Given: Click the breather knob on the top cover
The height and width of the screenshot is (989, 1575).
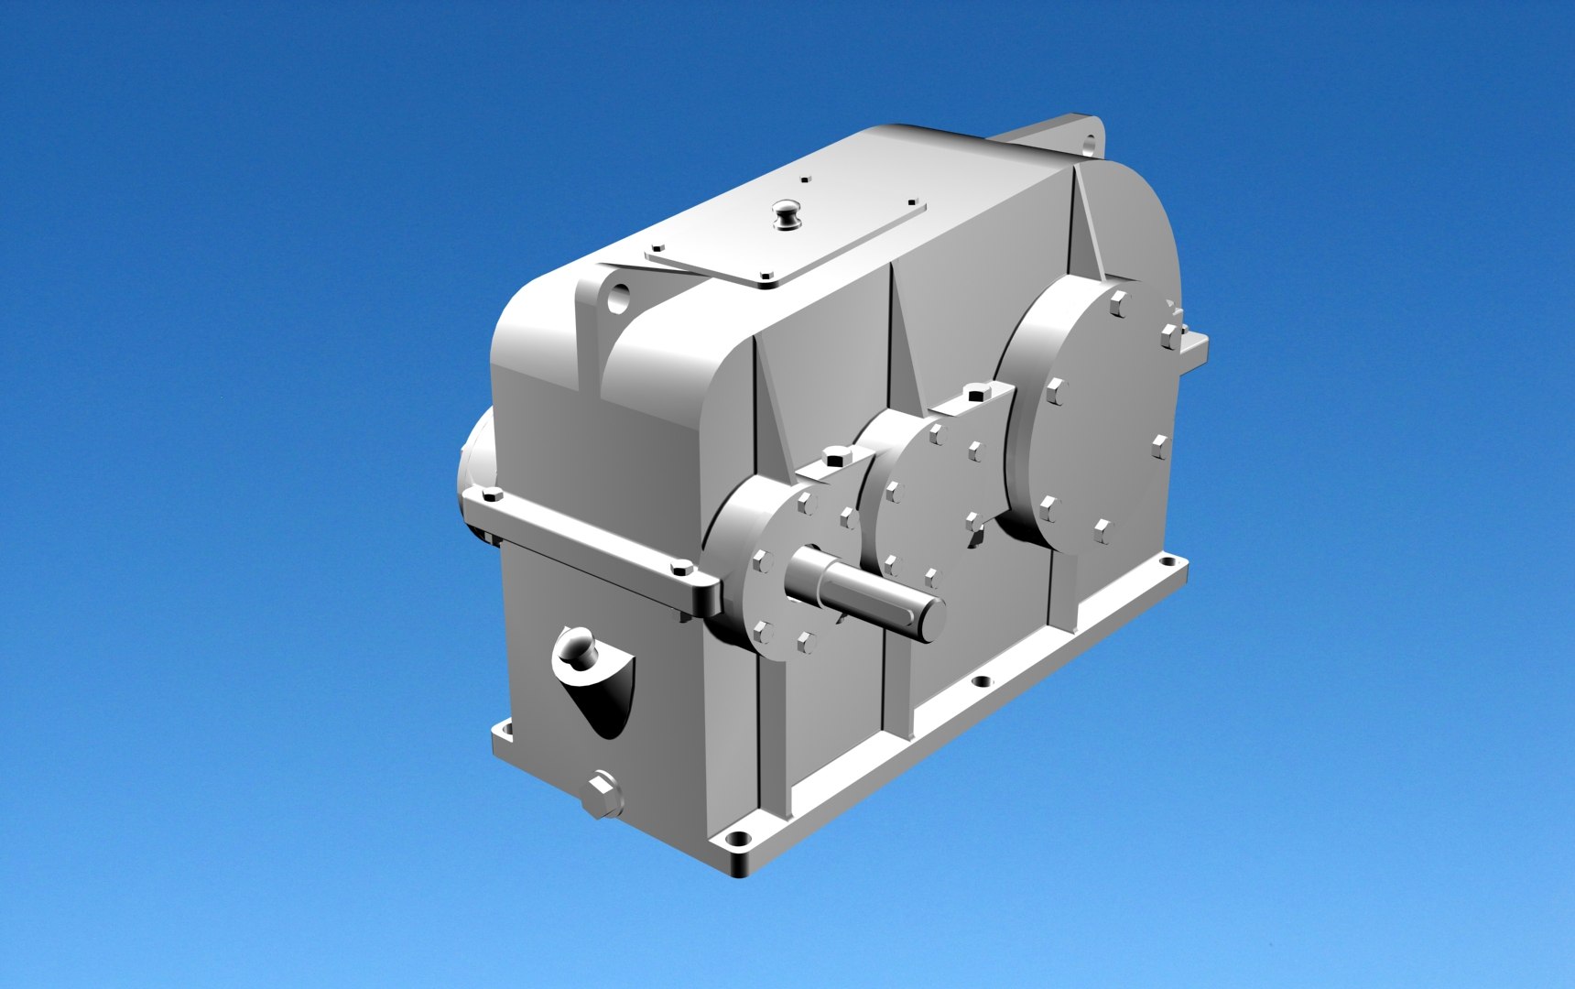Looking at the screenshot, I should [787, 216].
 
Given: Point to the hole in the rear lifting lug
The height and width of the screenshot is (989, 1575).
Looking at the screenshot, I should [1089, 145].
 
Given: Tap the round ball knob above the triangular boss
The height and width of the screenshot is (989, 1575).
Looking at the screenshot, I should [576, 646].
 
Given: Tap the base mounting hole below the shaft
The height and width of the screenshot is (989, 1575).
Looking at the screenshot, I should [983, 682].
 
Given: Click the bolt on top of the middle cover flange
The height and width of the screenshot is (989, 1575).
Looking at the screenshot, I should [974, 395].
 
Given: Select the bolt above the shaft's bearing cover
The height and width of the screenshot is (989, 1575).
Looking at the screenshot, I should [834, 456].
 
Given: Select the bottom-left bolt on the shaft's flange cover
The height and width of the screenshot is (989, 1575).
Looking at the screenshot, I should [761, 630].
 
